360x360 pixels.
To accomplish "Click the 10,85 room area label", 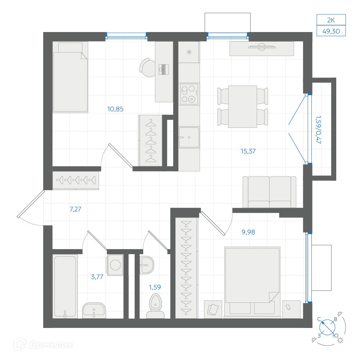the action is click(x=115, y=109).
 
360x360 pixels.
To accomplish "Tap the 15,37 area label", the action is click(x=248, y=151).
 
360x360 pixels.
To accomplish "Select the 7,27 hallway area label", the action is click(x=75, y=209).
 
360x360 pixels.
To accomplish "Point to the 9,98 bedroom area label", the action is click(x=248, y=232).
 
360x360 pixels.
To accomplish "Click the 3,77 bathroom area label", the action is click(x=97, y=277).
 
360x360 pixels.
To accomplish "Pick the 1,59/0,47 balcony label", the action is click(x=318, y=130).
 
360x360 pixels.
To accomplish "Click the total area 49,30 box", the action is click(x=331, y=31).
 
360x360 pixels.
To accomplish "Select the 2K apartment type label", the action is click(x=331, y=20).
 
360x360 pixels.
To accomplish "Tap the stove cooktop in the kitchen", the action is click(x=189, y=94).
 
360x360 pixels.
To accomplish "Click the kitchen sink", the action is click(x=189, y=137).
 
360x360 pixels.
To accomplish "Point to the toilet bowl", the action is click(x=156, y=306).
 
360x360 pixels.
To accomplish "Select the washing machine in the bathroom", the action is click(x=115, y=265).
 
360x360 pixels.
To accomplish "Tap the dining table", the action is click(x=242, y=107).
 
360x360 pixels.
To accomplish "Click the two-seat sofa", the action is click(x=270, y=192).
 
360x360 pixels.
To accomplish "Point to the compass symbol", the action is click(x=328, y=328).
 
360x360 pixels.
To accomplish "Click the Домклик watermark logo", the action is click(x=44, y=345).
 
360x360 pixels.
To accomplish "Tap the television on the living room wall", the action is click(x=262, y=47).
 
